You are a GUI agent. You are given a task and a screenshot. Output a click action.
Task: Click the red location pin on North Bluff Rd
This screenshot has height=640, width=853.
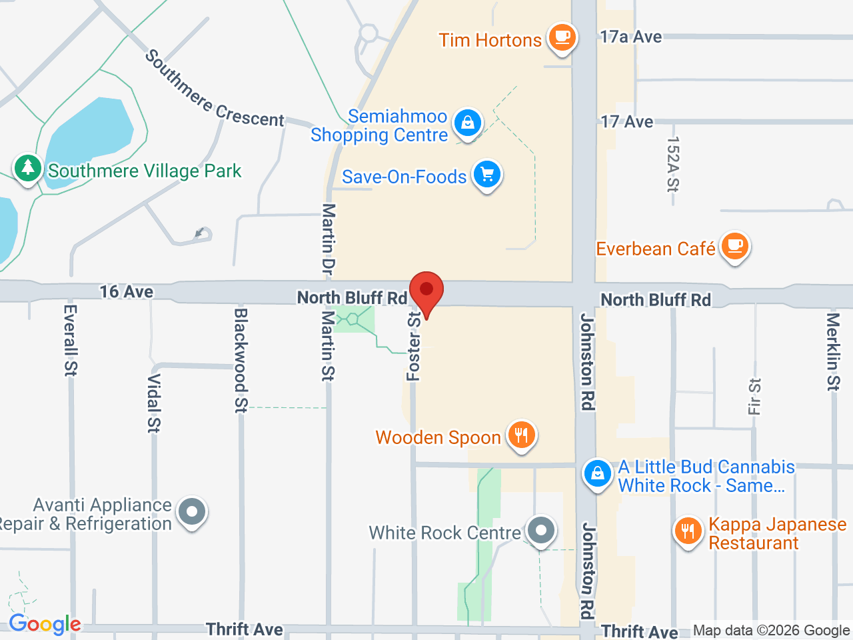pos(426,291)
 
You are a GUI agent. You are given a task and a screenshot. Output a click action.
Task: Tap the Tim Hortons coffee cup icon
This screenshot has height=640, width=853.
pos(562,37)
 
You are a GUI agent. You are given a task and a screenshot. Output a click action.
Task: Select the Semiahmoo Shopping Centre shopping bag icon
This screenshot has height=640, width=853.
pos(468,123)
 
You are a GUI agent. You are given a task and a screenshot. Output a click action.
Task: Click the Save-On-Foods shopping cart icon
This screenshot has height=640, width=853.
pos(487,175)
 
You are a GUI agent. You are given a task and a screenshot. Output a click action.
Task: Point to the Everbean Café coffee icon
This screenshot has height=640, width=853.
pos(734,247)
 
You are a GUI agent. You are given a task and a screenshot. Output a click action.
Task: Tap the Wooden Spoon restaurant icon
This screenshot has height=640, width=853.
pos(521,435)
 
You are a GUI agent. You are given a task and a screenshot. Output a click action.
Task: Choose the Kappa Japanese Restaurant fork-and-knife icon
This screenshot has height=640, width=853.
pos(688,531)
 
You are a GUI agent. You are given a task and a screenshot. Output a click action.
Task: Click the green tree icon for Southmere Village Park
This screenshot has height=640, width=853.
pos(27,167)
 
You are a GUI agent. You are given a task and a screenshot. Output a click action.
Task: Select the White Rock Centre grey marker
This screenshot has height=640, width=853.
pos(540,531)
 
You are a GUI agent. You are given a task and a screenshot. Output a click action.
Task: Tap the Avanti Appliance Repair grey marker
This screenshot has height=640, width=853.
pos(193,513)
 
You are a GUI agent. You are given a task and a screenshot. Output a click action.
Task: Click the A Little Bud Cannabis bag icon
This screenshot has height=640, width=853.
pos(597,474)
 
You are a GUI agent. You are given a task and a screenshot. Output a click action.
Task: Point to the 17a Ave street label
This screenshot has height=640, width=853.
pos(630,37)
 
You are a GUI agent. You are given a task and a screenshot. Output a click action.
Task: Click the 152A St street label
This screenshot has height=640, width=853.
pos(672,164)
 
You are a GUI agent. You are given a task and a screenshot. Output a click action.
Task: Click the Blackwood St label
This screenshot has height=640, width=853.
pos(241,359)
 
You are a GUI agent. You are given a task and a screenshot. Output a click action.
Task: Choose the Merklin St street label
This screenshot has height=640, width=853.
pos(833,351)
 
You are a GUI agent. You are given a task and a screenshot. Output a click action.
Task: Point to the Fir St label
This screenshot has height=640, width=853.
pos(754,397)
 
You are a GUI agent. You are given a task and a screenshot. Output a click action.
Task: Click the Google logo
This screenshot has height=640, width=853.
pos(45,625)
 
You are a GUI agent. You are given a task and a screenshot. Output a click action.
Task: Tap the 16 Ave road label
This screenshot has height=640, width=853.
pos(127,291)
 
